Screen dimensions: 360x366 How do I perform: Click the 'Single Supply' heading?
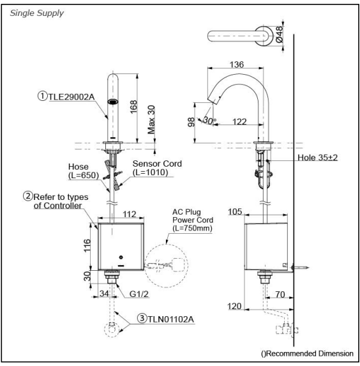[x=36, y=13]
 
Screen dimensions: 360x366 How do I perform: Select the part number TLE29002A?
[x=71, y=96]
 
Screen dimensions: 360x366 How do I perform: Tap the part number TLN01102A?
[x=171, y=319]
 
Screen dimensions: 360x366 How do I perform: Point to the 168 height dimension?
[x=133, y=107]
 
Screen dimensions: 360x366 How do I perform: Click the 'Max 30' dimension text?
[x=151, y=119]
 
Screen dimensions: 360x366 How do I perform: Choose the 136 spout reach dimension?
[x=237, y=65]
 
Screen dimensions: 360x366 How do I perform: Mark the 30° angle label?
[x=210, y=120]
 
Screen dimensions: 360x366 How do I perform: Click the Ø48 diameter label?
[x=279, y=34]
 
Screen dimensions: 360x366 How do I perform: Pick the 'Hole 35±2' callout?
[x=317, y=158]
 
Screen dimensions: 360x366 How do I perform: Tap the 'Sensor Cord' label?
[x=157, y=164]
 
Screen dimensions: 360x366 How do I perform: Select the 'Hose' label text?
[x=79, y=167]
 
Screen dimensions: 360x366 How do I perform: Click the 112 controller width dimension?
[x=129, y=214]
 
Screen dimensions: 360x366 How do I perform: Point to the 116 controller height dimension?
[x=87, y=245]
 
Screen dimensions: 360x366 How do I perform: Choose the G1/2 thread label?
[x=139, y=294]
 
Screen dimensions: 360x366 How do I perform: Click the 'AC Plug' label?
[x=186, y=212]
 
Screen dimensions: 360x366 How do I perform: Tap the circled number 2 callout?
[x=28, y=196]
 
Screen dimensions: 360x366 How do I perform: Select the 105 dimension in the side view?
[x=235, y=211]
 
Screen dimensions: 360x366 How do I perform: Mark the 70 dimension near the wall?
[x=280, y=294]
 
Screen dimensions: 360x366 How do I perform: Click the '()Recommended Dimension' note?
[x=307, y=353]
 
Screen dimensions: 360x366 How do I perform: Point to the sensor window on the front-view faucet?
[x=113, y=102]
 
